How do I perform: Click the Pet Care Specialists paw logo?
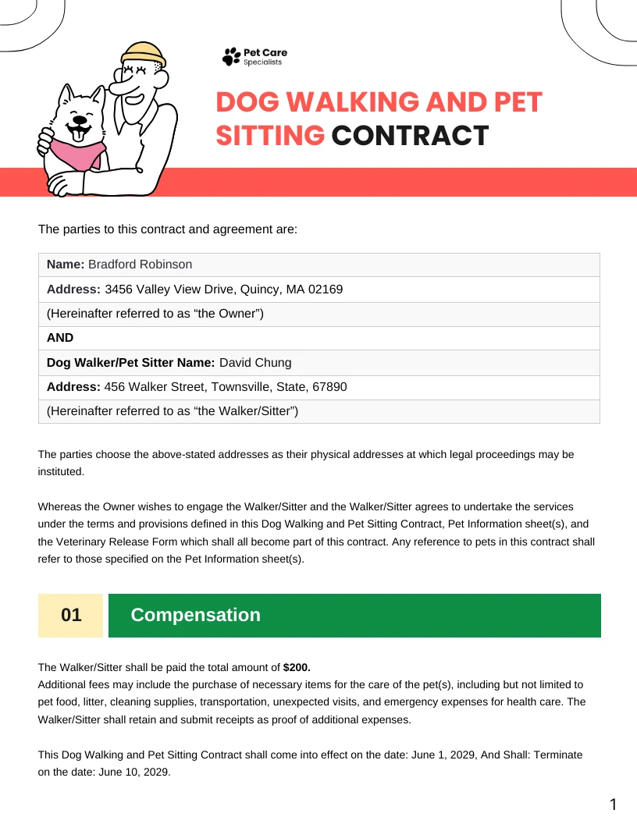pos(232,56)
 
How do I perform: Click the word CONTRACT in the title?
pos(410,135)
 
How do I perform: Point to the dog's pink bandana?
pos(78,151)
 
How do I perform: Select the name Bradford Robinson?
pos(140,265)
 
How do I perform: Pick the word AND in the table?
pos(60,338)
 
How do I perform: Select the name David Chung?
pos(255,362)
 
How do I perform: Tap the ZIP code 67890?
pos(329,387)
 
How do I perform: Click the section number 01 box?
pos(71,615)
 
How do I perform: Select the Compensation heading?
pos(195,615)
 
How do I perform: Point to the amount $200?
pos(296,667)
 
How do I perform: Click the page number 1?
pos(613,804)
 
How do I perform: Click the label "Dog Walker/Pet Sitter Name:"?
pos(130,362)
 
